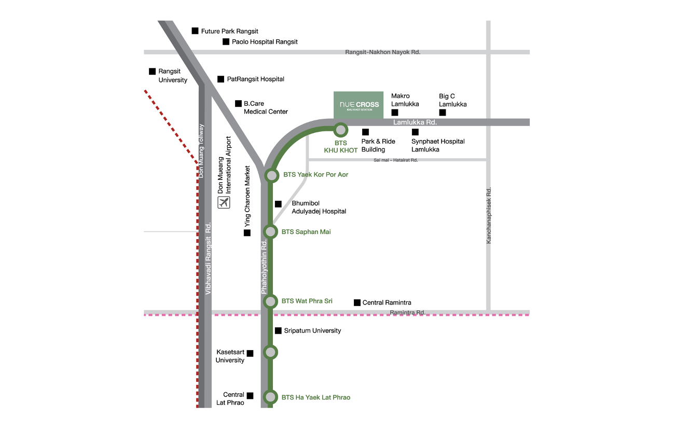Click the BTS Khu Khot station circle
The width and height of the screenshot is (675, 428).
point(340,130)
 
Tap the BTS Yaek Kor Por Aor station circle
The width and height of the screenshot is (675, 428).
point(272,175)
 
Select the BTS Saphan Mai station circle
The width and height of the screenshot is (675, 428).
point(270,232)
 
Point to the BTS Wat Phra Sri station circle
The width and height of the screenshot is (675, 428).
point(270,301)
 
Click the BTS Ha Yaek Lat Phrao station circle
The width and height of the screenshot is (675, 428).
point(270,397)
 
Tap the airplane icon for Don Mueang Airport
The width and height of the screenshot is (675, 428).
point(224,202)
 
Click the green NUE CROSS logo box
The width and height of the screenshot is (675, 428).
point(359,105)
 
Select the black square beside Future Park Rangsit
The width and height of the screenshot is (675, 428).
point(195,31)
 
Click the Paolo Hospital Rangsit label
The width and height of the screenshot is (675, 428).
point(265,42)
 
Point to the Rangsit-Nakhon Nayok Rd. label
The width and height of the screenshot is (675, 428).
point(382,52)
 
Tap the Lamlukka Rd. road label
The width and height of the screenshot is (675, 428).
point(415,122)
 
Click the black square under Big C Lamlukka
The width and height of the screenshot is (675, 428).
point(443,113)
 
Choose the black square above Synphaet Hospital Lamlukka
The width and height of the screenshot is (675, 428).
point(415,132)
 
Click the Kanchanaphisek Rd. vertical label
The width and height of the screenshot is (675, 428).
point(488,215)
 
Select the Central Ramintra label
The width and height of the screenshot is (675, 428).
point(387,302)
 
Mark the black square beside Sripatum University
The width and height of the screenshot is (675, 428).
point(278,330)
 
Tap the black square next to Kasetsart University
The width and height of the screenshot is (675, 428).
point(250,353)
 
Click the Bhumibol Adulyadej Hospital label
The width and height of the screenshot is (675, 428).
point(319,207)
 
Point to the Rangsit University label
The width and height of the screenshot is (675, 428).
point(173,76)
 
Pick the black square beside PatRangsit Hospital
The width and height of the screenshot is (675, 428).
point(221,79)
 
